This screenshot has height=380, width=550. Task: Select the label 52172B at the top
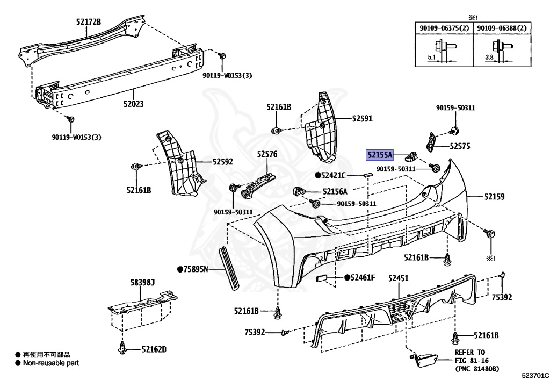point(89,22)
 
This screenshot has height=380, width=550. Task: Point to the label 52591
point(363,118)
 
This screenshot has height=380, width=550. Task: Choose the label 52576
point(267,154)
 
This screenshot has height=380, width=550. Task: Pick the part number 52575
point(460,146)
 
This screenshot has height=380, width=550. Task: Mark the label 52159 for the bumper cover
point(495,197)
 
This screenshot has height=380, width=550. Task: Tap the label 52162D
point(154,349)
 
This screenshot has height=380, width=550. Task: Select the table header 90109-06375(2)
point(443,28)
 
